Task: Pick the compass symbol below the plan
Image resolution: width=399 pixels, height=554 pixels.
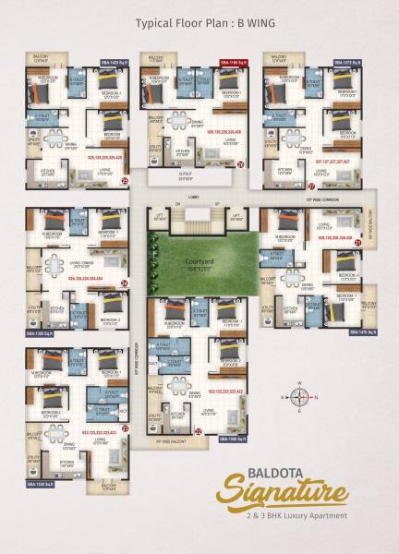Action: point(299,399)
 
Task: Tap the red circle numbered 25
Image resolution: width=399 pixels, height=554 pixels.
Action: point(124,183)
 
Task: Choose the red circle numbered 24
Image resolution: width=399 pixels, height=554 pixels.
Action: point(124,283)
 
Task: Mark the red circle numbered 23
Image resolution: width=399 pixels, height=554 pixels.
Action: point(124,428)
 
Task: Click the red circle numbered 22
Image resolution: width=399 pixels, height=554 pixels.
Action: point(198,431)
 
